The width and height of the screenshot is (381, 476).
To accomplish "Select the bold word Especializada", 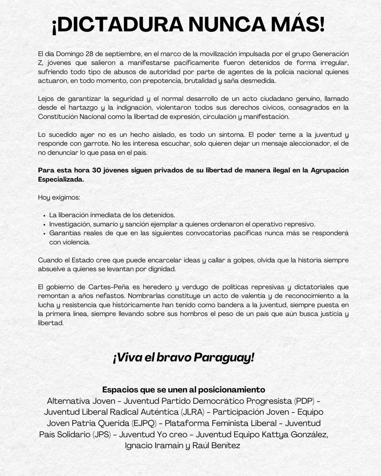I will click(61, 179).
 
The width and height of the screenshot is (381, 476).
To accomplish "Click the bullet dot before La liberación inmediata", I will click(43, 215).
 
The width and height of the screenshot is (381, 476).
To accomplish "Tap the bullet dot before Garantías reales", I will click(43, 233).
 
